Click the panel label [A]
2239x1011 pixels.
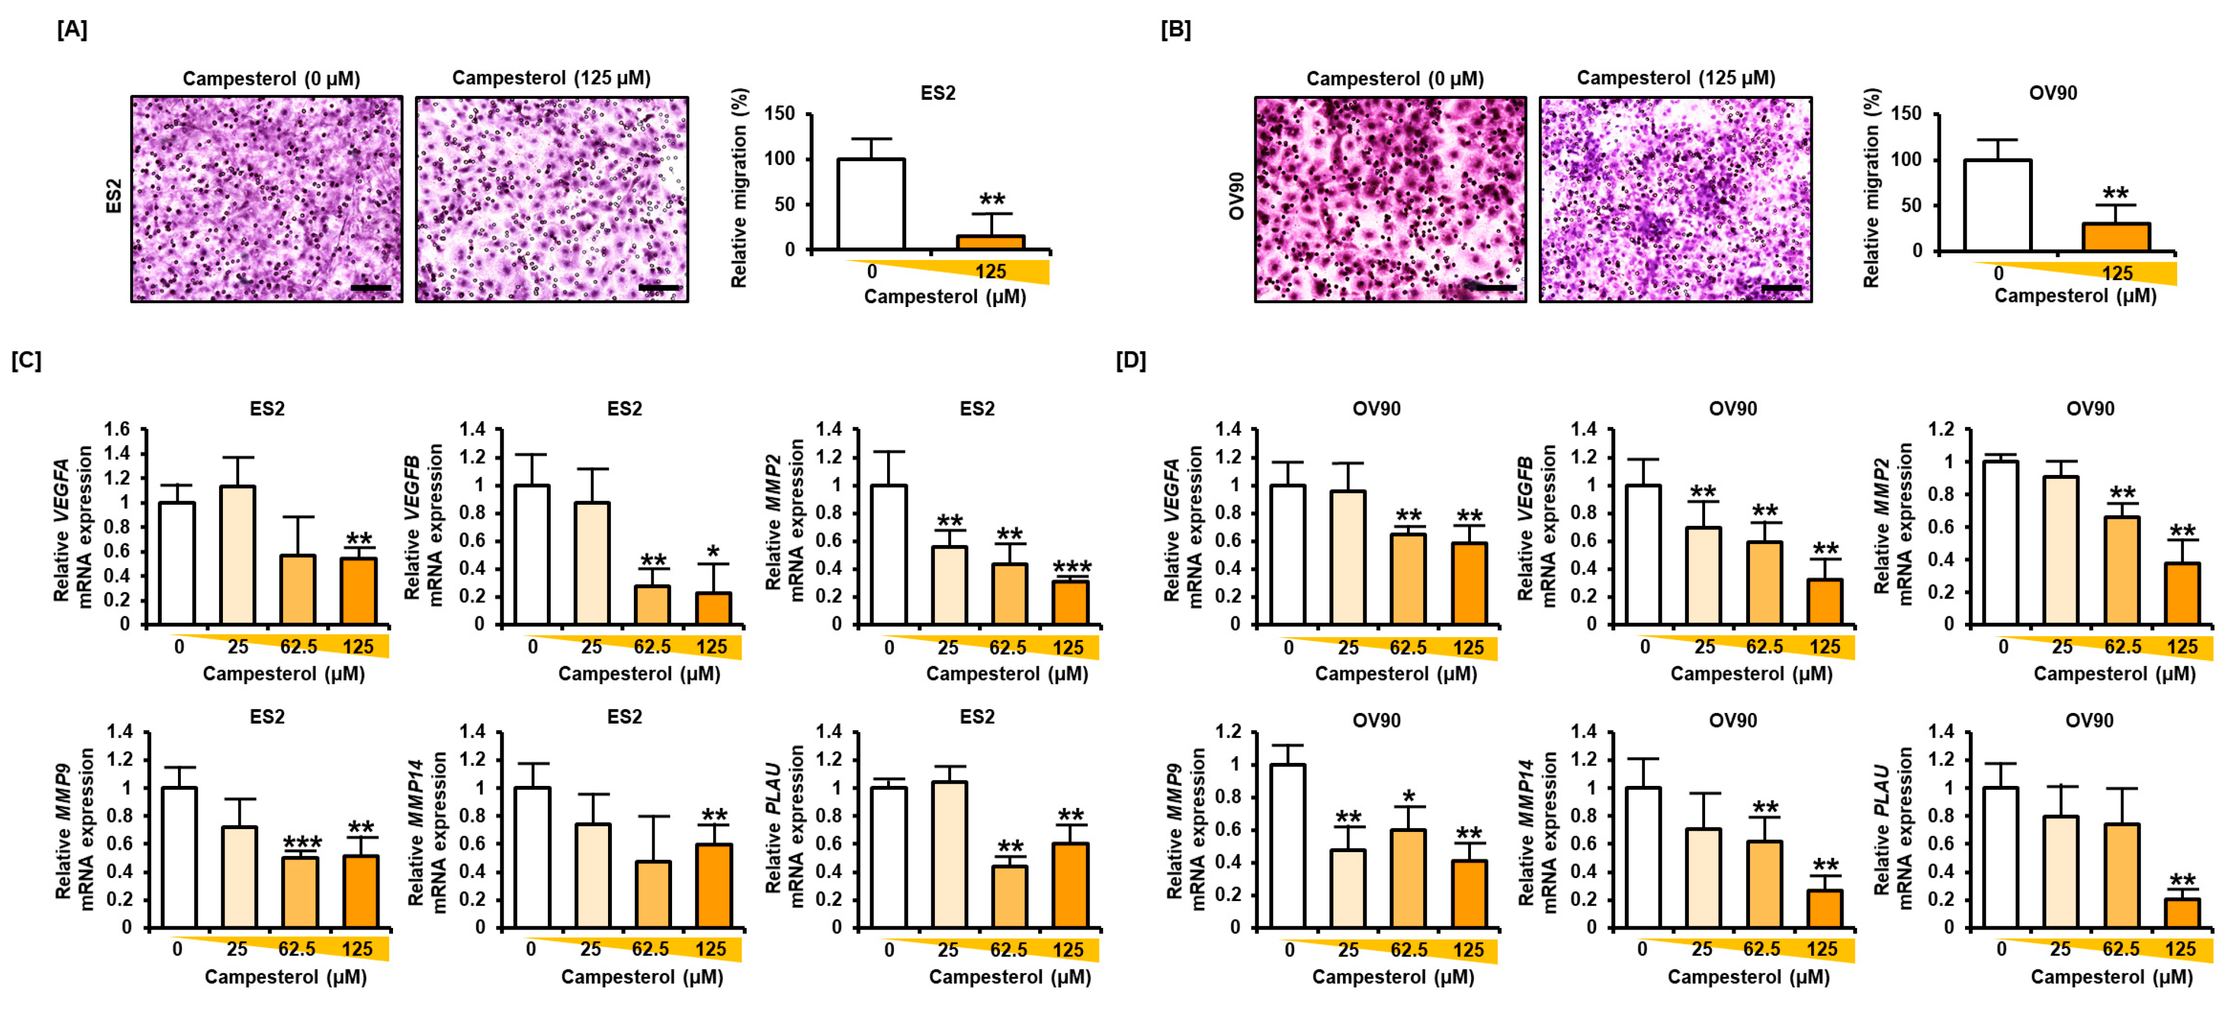[72, 30]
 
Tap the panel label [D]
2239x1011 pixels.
[1130, 360]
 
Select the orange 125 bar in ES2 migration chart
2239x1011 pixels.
[990, 243]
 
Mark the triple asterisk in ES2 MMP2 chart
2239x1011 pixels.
[1071, 567]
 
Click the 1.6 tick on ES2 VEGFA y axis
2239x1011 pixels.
[116, 429]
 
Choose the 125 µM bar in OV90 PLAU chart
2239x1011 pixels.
[2181, 913]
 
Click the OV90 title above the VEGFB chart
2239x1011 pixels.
[1732, 409]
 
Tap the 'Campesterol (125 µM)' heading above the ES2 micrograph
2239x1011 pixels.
[551, 78]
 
